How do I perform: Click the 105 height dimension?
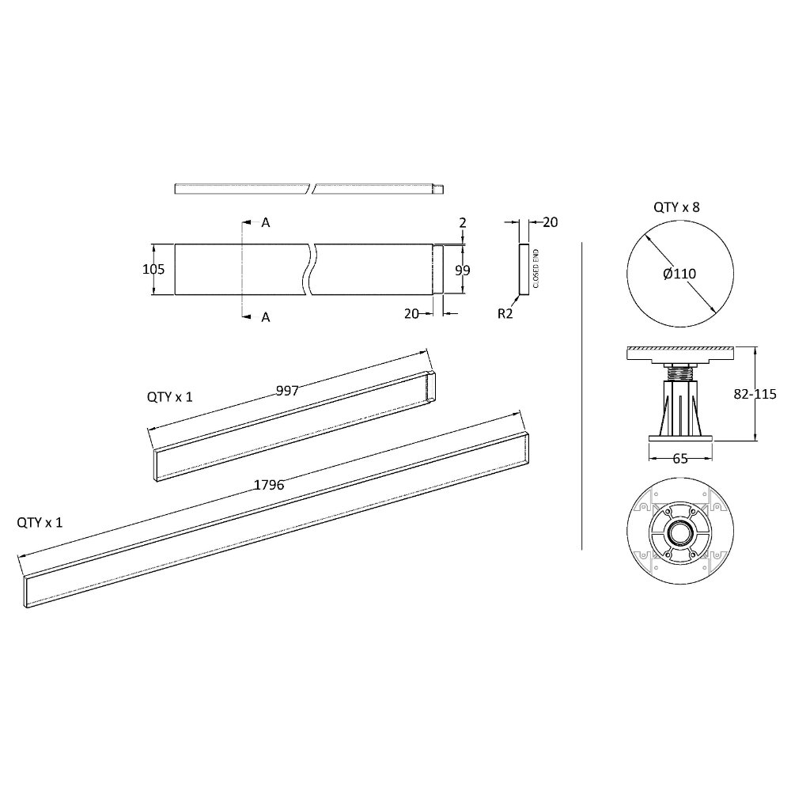click(x=153, y=270)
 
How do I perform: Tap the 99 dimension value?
click(x=463, y=271)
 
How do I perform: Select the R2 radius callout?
click(x=505, y=314)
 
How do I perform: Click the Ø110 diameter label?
click(x=679, y=274)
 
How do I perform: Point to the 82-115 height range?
click(x=755, y=394)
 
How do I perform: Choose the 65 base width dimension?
click(x=680, y=459)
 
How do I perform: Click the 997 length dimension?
click(x=288, y=391)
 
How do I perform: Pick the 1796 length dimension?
click(x=269, y=486)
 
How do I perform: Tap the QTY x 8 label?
click(x=676, y=207)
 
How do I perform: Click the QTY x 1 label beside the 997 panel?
click(x=169, y=397)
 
